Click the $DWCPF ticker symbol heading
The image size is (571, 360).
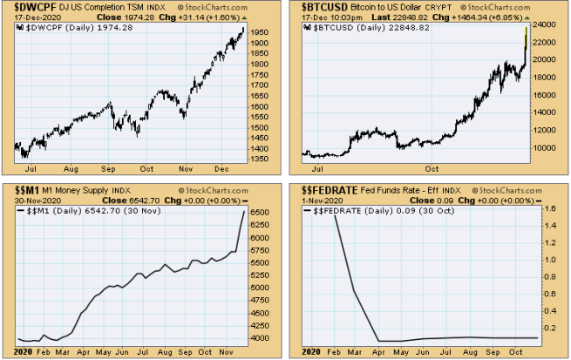click(34, 6)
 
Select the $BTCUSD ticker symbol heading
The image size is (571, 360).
click(324, 6)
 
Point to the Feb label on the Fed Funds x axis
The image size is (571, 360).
click(335, 351)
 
